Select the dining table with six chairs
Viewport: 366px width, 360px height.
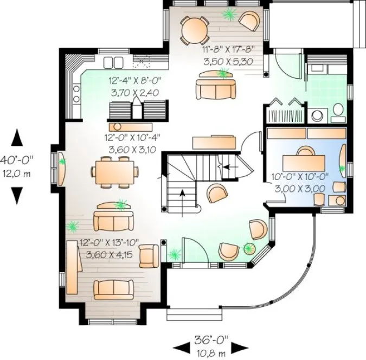pyautogui.click(x=114, y=170)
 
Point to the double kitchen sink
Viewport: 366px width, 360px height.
pyautogui.click(x=114, y=61)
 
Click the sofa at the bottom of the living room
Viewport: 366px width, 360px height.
pyautogui.click(x=113, y=288)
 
